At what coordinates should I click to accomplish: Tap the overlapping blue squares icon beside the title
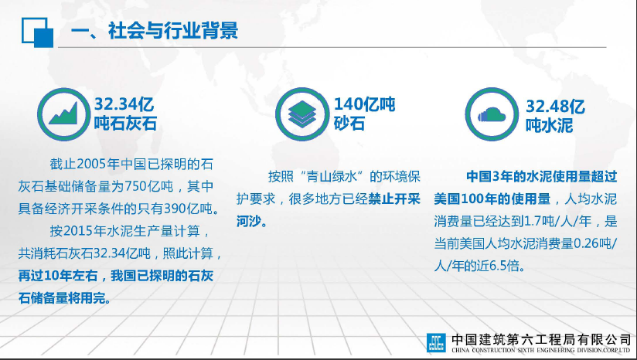click(x=37, y=32)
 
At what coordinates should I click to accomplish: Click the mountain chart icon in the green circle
click(x=63, y=114)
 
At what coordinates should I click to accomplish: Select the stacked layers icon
click(x=301, y=114)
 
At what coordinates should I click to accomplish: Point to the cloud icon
click(x=492, y=115)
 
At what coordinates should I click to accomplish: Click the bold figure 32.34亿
click(x=124, y=104)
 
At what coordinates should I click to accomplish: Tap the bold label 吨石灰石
click(x=125, y=124)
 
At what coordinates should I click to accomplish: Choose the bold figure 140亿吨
click(x=364, y=105)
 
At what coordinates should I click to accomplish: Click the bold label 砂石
click(x=349, y=124)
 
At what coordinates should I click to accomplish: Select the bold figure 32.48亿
click(x=555, y=107)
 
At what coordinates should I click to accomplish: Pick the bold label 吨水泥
click(x=549, y=125)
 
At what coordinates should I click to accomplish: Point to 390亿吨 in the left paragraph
click(x=188, y=209)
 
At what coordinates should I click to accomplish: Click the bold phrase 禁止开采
click(x=394, y=199)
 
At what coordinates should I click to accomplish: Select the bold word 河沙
click(x=249, y=222)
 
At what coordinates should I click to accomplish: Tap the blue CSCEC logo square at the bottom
click(x=436, y=342)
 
